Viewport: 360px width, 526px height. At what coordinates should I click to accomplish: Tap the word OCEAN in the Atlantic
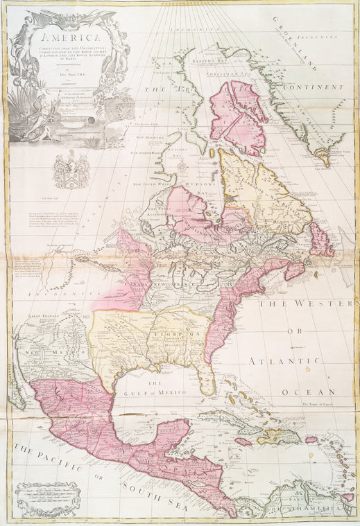318,392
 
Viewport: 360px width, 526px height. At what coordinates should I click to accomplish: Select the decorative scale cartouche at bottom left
47,500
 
